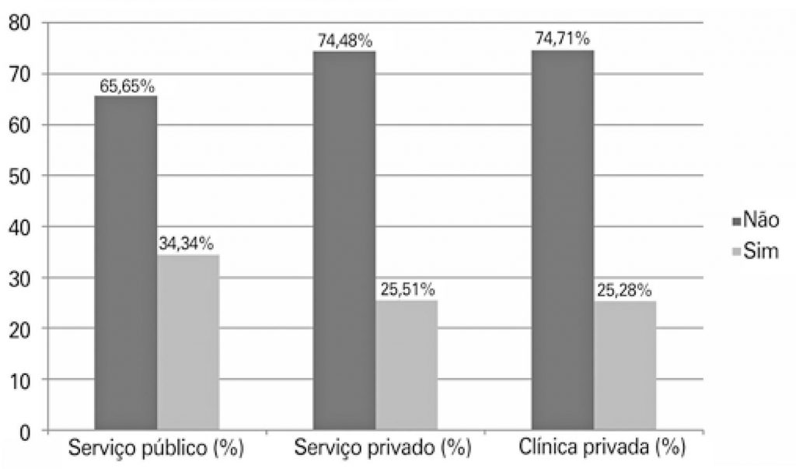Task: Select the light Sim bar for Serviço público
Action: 187,342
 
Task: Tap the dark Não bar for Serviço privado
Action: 344,240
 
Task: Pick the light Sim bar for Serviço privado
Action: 407,365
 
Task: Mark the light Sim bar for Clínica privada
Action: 625,366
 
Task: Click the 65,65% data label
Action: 127,86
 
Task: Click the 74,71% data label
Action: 563,40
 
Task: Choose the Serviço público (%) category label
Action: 156,449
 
